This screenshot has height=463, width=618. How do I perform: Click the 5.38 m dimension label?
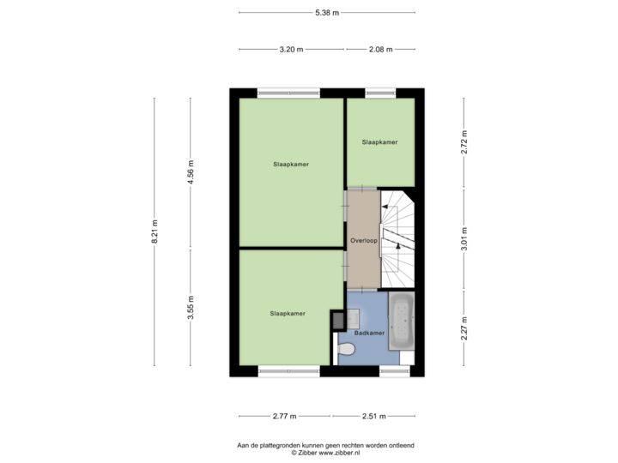click(x=327, y=13)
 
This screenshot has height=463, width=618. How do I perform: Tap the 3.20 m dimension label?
click(x=291, y=49)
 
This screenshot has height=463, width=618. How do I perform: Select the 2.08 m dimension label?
click(x=381, y=49)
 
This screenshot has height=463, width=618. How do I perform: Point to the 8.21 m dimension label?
click(x=154, y=231)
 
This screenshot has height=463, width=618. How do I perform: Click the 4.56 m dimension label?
click(x=191, y=172)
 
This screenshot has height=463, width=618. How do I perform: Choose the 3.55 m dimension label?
click(x=191, y=308)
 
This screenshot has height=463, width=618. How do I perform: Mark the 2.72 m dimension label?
click(x=463, y=141)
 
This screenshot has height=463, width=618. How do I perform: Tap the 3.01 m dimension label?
click(x=463, y=238)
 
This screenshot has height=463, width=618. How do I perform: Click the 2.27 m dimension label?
click(x=463, y=328)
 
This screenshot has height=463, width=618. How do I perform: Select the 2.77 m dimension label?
click(x=285, y=416)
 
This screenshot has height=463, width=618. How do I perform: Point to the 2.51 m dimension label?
click(x=374, y=416)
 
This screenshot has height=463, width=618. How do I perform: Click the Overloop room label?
click(x=364, y=241)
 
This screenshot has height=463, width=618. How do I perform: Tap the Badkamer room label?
click(x=369, y=333)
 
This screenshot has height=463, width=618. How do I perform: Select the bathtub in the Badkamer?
click(x=401, y=321)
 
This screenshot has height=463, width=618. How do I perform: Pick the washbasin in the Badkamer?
click(x=353, y=319)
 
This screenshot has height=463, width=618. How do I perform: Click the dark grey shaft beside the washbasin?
click(x=338, y=321)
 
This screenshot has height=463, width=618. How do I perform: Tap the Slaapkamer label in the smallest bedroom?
click(x=379, y=142)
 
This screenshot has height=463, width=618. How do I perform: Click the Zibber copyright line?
click(x=325, y=454)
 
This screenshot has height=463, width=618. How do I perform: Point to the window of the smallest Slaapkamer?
click(x=380, y=93)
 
